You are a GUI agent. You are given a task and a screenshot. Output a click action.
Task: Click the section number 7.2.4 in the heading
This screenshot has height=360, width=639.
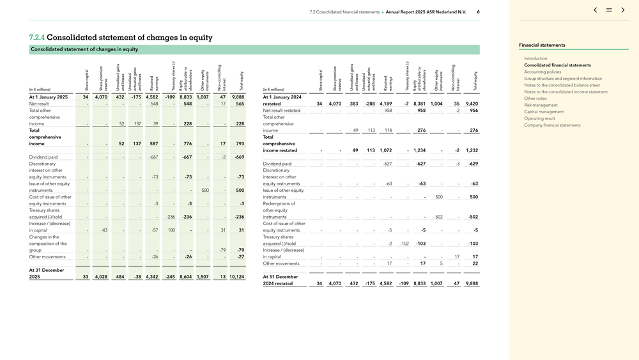pos(37,38)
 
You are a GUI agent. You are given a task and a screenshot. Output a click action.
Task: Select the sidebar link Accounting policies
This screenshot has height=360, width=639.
pos(543,72)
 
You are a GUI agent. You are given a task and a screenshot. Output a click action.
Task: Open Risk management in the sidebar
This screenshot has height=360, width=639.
pos(541,105)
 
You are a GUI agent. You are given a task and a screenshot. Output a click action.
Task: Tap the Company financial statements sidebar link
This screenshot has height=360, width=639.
pos(552,125)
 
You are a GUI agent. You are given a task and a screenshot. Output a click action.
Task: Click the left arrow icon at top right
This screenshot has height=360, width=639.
pos(596,10)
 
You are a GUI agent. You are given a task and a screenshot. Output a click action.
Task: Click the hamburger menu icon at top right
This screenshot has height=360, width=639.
pos(609,10)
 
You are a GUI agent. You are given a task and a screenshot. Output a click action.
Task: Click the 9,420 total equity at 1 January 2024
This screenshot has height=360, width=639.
pos(472,104)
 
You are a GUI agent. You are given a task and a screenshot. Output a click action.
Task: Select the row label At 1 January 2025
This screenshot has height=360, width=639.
pos(49,97)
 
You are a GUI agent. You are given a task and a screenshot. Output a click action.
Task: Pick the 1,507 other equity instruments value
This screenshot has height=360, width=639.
pos(203,277)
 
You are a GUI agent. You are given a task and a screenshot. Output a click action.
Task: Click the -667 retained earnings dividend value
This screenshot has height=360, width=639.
pos(153,157)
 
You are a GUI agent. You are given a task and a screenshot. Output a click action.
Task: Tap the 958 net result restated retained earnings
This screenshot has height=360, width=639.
pos(388,110)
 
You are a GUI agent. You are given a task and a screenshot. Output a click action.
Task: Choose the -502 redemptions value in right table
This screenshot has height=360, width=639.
pos(438,217)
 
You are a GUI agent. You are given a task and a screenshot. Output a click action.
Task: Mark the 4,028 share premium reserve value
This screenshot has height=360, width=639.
pos(101,277)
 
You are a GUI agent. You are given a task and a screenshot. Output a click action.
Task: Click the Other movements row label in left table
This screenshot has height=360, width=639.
pos(43,256)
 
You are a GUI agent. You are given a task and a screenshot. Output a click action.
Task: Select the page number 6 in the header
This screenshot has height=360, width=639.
pos(478,12)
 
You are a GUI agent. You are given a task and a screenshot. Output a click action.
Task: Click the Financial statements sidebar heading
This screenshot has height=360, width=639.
pos(542,45)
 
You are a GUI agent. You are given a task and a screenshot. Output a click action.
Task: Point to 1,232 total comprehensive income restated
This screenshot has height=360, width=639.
pos(472,150)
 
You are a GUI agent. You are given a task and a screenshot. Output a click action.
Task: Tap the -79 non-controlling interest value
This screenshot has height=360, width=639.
pos(222,250)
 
